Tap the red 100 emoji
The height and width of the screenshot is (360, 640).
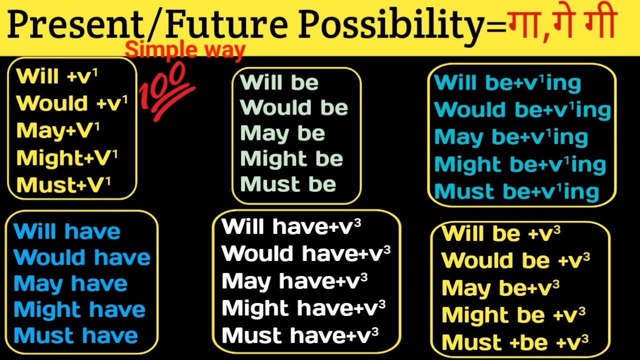click(x=167, y=93)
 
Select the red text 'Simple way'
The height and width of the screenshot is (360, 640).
click(x=185, y=50)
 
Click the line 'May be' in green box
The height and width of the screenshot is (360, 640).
click(x=282, y=133)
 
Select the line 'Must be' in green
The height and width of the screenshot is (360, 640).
click(x=288, y=184)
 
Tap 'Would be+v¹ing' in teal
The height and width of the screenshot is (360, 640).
click(x=522, y=110)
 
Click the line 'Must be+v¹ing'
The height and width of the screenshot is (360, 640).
click(x=516, y=192)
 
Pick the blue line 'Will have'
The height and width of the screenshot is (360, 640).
click(x=67, y=231)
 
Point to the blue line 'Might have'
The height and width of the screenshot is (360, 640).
click(x=79, y=310)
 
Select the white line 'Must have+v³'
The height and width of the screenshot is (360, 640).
click(x=300, y=335)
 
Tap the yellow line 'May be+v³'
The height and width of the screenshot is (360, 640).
click(x=500, y=288)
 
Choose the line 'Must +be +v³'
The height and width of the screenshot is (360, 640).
click(x=515, y=342)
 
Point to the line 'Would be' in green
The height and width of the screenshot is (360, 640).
click(x=294, y=107)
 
